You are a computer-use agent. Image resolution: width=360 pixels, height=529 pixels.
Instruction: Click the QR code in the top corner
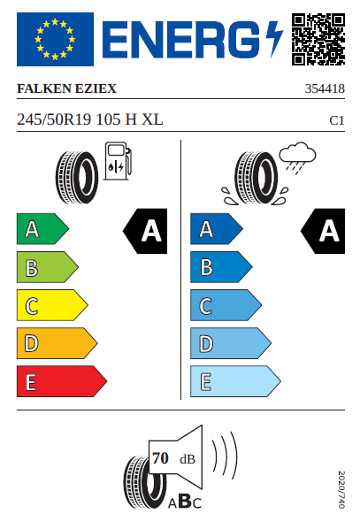click(x=318, y=40)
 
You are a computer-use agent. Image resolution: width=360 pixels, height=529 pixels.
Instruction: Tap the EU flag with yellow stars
click(x=55, y=40)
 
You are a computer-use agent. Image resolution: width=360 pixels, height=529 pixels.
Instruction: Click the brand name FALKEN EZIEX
click(x=67, y=89)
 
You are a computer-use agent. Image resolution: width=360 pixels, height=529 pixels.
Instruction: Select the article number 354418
click(x=324, y=89)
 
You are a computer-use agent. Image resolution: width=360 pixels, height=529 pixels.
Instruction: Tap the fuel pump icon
click(x=117, y=164)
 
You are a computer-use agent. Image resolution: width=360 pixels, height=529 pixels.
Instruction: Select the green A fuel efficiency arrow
click(x=42, y=230)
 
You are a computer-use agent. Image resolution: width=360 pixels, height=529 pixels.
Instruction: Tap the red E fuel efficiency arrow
click(x=61, y=381)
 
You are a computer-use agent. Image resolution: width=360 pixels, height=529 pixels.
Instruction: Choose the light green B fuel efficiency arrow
click(x=46, y=268)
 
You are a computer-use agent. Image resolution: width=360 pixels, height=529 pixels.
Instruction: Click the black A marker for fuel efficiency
click(x=146, y=231)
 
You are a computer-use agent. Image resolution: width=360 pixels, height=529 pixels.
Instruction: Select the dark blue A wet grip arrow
click(x=215, y=230)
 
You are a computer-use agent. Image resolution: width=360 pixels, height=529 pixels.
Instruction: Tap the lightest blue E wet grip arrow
click(x=234, y=381)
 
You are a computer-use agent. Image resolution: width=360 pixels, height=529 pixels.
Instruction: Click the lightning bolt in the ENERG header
click(x=272, y=40)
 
